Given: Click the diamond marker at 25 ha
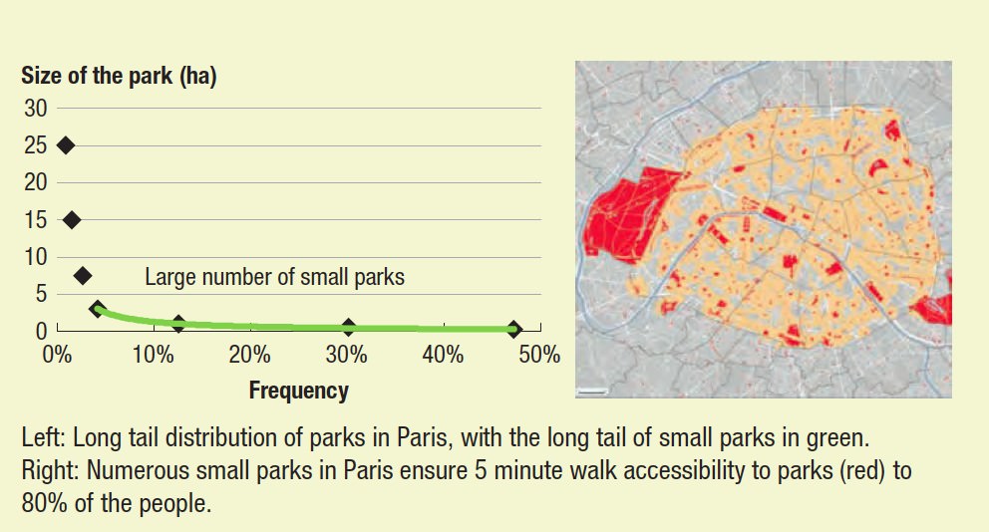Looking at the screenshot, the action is [x=66, y=145].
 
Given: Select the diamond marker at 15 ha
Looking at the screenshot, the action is [x=72, y=220].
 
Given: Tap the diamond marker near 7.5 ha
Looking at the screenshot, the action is [x=83, y=275].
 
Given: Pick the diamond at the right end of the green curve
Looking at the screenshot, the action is [x=514, y=329].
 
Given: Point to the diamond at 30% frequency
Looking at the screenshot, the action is [x=348, y=327].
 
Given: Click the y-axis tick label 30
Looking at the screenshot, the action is [x=35, y=109].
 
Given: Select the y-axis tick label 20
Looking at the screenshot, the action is [x=35, y=182].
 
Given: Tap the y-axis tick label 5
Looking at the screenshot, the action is [x=41, y=294].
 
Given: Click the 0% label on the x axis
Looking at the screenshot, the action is [x=57, y=355].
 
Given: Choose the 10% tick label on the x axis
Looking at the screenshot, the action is [x=154, y=355].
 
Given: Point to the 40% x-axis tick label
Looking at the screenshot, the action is [x=443, y=355].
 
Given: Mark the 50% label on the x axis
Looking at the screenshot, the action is [x=539, y=355].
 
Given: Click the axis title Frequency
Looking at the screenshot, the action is [x=299, y=391].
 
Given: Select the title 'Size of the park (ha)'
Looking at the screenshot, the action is [x=120, y=77].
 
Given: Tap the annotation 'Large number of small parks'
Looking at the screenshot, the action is [x=275, y=277].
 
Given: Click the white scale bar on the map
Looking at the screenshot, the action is [x=591, y=392].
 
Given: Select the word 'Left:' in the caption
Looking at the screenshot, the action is [x=44, y=437].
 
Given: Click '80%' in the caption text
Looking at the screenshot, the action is [x=44, y=503].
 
